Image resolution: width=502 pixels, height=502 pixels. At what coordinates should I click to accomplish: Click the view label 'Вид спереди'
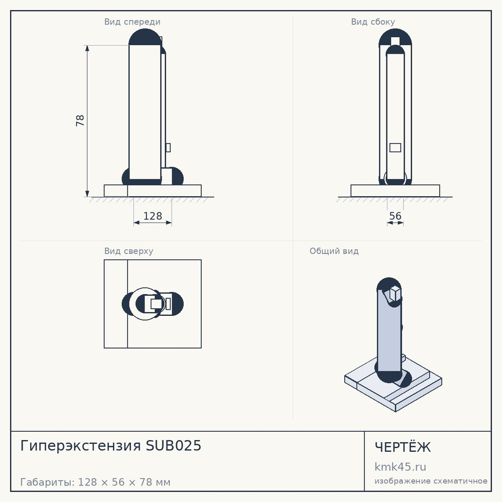click(132, 22)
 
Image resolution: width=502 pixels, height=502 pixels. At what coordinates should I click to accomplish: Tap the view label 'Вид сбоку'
click(373, 22)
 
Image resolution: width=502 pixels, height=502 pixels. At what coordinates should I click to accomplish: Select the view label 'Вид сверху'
click(129, 251)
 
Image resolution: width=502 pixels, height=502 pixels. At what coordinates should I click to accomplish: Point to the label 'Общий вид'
click(334, 251)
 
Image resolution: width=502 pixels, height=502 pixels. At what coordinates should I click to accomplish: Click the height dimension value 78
click(80, 120)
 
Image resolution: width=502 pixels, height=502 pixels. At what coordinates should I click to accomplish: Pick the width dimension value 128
click(153, 216)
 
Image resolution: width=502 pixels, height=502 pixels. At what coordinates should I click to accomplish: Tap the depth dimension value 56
click(395, 216)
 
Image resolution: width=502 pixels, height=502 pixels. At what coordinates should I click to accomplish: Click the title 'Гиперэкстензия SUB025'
click(111, 446)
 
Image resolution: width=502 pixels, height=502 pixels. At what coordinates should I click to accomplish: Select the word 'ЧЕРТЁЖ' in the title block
click(403, 447)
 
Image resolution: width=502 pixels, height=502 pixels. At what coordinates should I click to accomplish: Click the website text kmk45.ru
click(400, 467)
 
